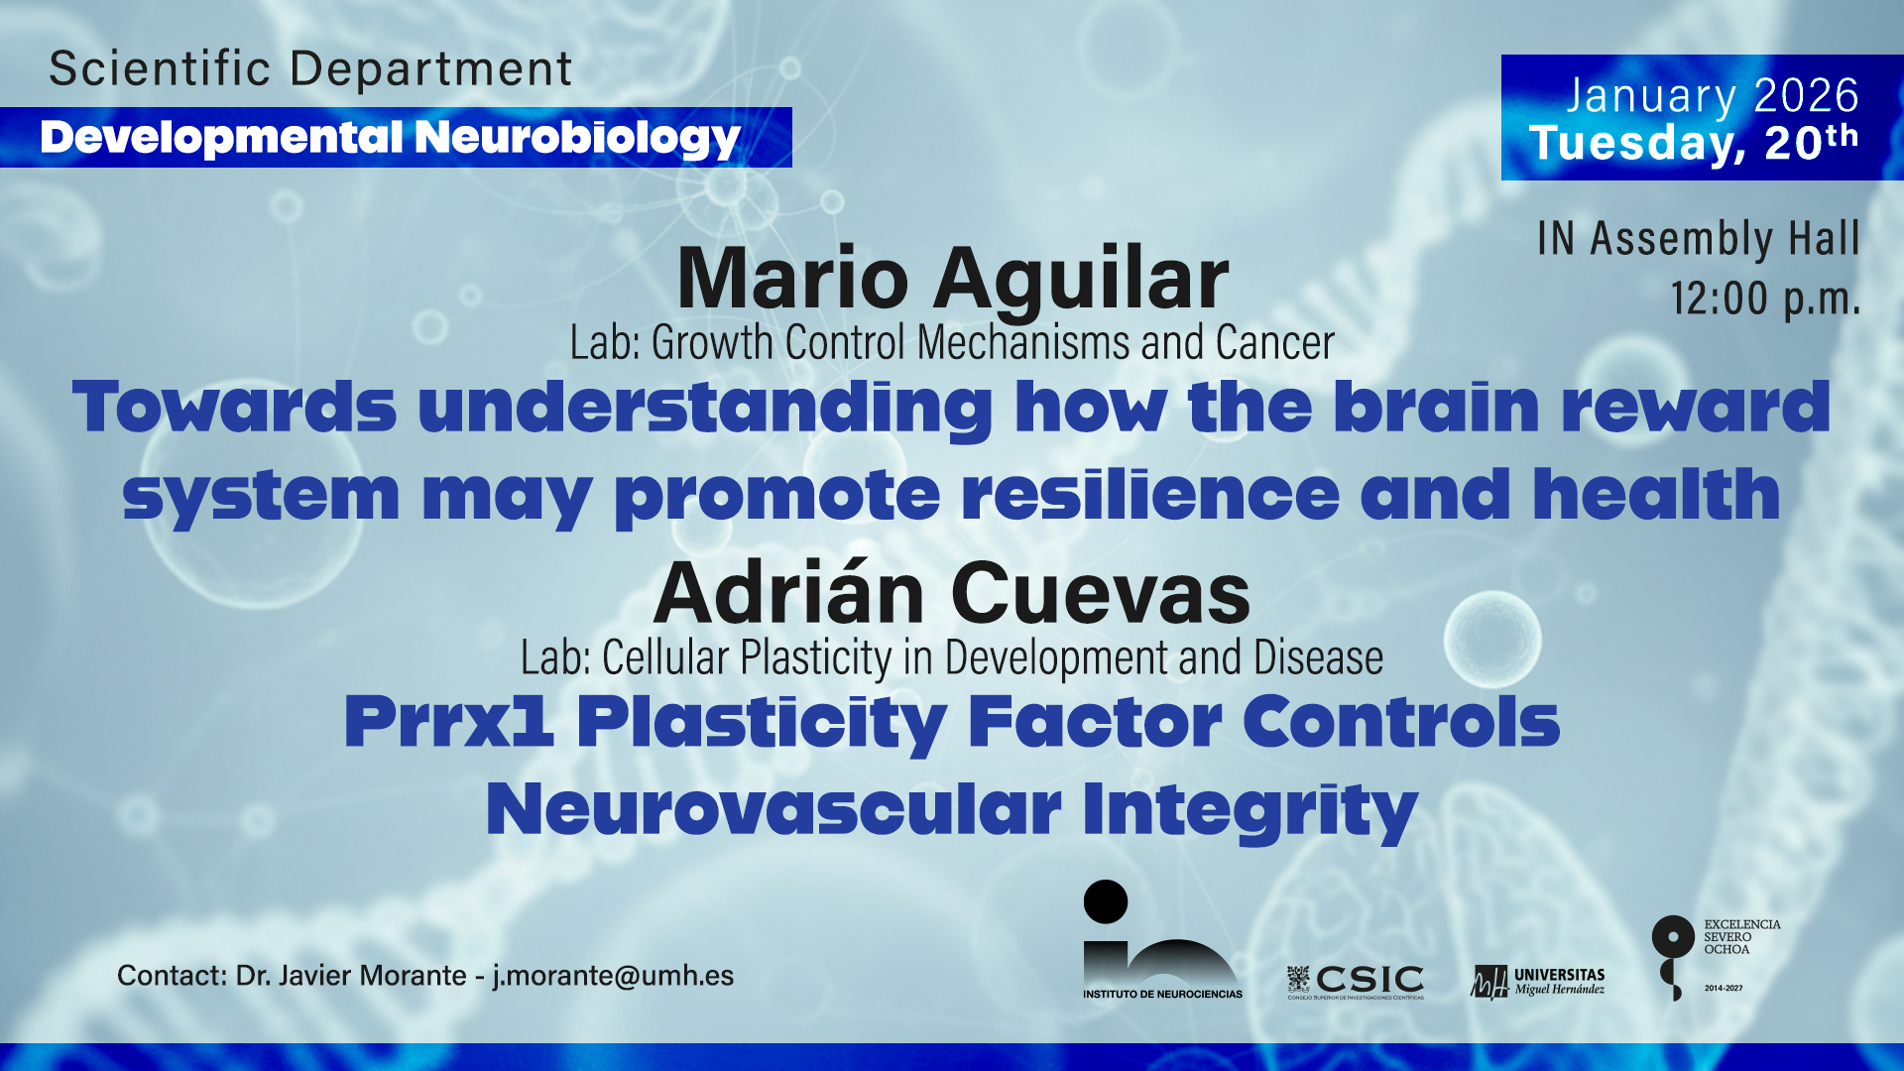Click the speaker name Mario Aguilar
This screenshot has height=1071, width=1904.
tap(953, 278)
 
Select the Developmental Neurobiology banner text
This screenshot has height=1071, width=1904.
tap(391, 138)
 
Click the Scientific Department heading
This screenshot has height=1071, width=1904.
tap(310, 68)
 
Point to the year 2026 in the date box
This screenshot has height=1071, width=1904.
tap(1806, 95)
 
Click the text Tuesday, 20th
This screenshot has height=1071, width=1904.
tap(1694, 143)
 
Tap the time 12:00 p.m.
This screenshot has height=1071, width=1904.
tap(1765, 298)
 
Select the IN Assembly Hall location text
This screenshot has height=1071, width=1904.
tap(1699, 238)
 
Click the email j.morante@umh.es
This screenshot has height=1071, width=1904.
tap(613, 976)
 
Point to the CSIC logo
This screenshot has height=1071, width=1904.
tap(1355, 982)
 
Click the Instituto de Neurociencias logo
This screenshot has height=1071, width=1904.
tap(1162, 939)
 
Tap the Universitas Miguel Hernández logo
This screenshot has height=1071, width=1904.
tap(1537, 982)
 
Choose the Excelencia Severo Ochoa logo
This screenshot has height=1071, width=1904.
tap(1717, 957)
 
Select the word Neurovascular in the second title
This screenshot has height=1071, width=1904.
tap(773, 809)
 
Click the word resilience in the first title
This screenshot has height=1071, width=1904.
tap(1150, 494)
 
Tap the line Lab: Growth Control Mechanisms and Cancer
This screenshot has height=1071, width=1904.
tap(952, 343)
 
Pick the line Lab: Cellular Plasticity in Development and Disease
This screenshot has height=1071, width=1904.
tap(952, 657)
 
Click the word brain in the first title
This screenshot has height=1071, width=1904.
tap(1437, 407)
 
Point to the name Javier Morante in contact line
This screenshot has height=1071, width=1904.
tap(372, 976)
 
